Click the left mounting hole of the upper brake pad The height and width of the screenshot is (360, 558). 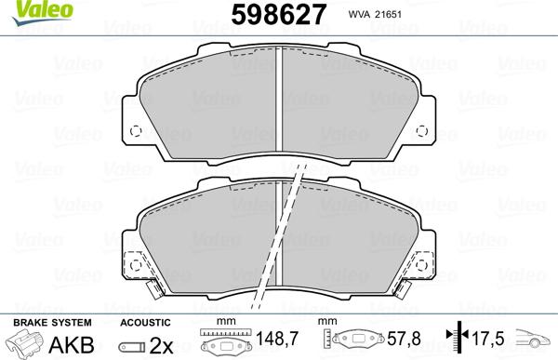[133, 130]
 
